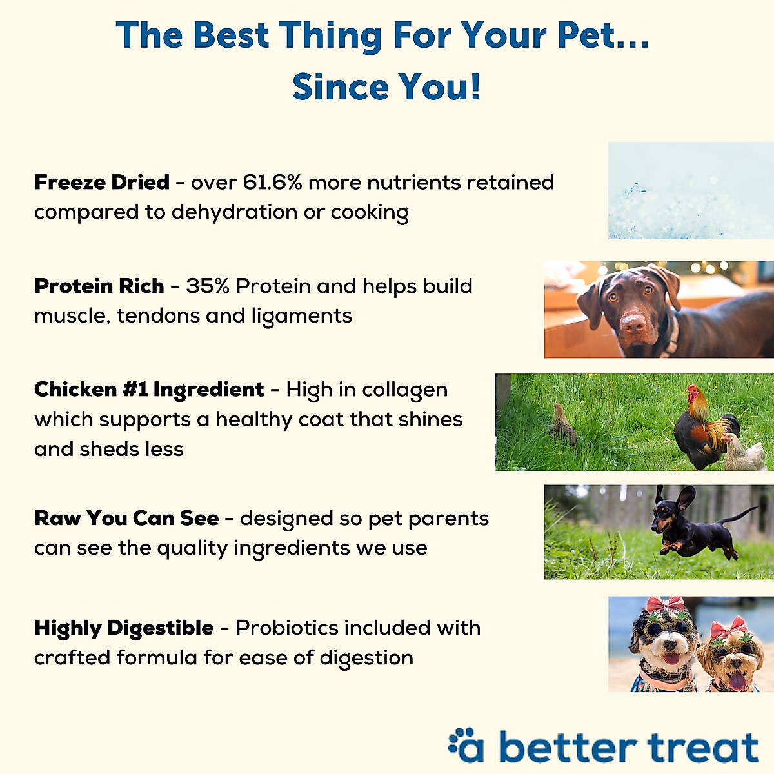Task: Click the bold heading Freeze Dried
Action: pos(102,183)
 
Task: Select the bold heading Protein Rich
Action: pos(99,286)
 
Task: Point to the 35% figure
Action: pos(208,286)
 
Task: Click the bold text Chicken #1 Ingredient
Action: pos(149,390)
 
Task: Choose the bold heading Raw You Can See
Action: pos(126,519)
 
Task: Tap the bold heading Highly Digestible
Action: pos(124,628)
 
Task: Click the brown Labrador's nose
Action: pos(635,322)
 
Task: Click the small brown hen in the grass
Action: pos(562,426)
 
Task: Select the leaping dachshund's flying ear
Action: pos(685,497)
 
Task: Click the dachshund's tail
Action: pos(739,516)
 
